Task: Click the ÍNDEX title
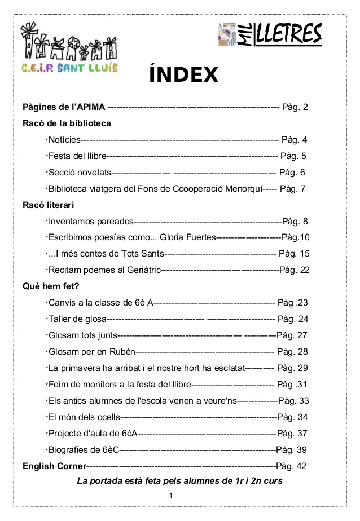click(183, 74)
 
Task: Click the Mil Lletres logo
click(269, 35)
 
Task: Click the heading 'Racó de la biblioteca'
click(67, 123)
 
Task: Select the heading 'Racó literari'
click(49, 205)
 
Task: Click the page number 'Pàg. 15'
click(294, 254)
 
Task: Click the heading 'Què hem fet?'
click(51, 286)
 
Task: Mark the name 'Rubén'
click(122, 352)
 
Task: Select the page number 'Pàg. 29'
click(293, 368)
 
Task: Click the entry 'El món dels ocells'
click(85, 417)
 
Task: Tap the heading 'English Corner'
click(54, 466)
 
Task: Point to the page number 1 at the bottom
click(170, 496)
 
